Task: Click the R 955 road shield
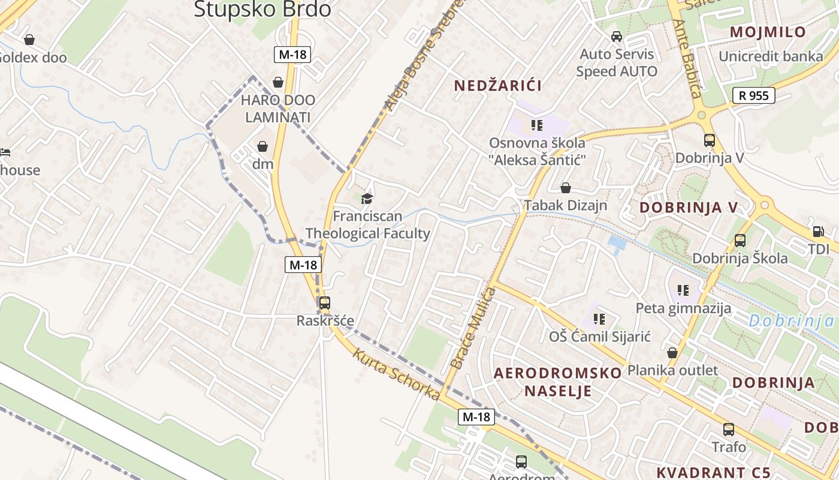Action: click(x=753, y=95)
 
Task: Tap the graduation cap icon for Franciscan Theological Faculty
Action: click(x=367, y=199)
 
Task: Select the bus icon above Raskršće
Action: click(x=324, y=303)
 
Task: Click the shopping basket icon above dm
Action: click(x=262, y=146)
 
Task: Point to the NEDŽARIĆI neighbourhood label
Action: click(x=497, y=85)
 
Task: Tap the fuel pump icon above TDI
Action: click(x=817, y=232)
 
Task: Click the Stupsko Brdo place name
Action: click(x=262, y=9)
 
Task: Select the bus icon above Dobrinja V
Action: click(x=709, y=140)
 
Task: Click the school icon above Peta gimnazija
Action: click(x=683, y=291)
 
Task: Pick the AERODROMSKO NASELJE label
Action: click(x=557, y=382)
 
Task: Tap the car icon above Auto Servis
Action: click(x=616, y=37)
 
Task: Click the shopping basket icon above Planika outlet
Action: click(x=672, y=353)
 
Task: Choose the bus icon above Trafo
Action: click(x=729, y=430)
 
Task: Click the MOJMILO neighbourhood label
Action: click(x=767, y=32)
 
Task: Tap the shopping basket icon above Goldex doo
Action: click(x=29, y=40)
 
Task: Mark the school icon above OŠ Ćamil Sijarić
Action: click(x=599, y=319)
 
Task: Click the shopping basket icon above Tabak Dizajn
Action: click(x=565, y=188)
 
